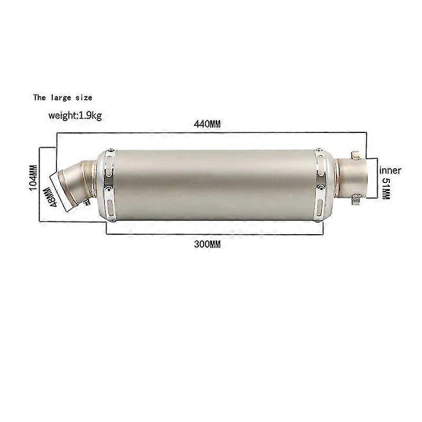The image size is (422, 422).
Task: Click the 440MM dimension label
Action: pyautogui.click(x=206, y=124)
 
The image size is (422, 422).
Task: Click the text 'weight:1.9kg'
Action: pyautogui.click(x=75, y=116)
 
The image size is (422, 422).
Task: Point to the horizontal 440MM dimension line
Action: pyautogui.click(x=211, y=133)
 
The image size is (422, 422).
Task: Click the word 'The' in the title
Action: pyautogui.click(x=40, y=98)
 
